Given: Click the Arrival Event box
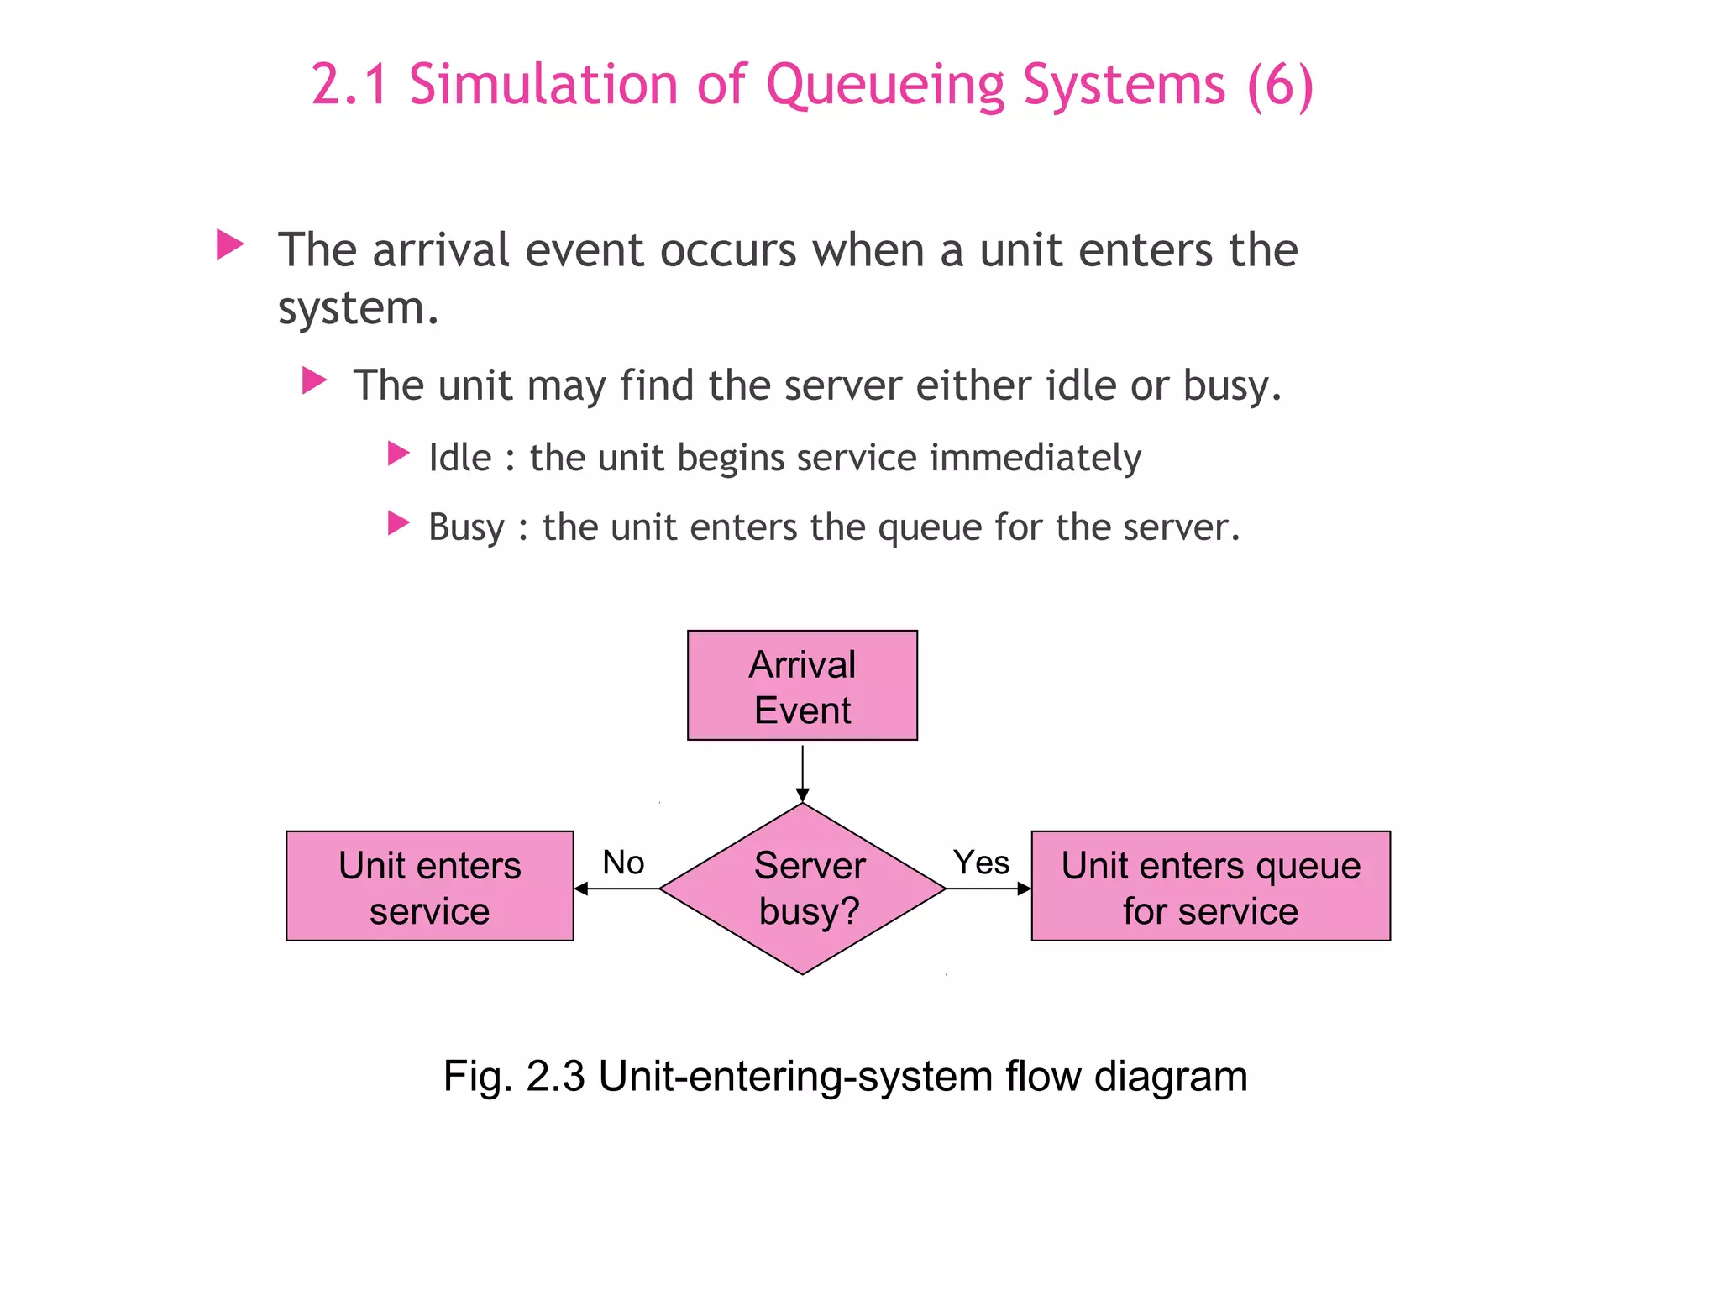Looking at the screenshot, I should tap(802, 685).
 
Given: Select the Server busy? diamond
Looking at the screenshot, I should tap(803, 889).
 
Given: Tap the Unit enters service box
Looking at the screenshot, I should tap(429, 886).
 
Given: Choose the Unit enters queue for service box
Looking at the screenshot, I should tap(1210, 886).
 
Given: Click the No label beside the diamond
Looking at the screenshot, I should tap(623, 863).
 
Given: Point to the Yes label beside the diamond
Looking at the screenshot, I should tap(981, 863).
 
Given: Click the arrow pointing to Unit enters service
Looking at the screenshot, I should tap(617, 889).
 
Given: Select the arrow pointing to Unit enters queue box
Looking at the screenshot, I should tap(988, 889).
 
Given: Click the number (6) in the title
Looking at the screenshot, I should tap(1280, 86).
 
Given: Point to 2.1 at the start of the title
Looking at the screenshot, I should tap(349, 86).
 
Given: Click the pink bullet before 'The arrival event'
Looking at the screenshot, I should tap(229, 244).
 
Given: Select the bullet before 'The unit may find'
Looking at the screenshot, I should tap(314, 380).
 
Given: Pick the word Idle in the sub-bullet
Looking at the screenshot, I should tap(460, 458).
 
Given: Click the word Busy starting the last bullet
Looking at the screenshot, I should tap(466, 528).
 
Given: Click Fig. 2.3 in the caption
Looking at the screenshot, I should tap(514, 1076).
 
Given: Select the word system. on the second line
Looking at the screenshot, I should tap(359, 308).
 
